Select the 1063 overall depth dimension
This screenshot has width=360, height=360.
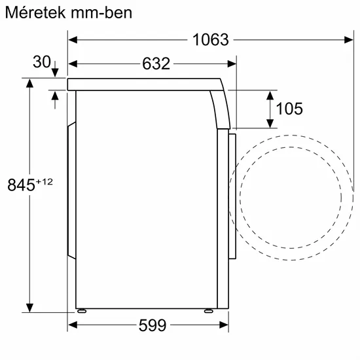click(x=211, y=40)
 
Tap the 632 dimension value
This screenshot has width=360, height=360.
click(x=155, y=63)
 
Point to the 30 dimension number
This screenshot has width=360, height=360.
click(x=41, y=62)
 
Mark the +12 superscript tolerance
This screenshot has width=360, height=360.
click(x=43, y=181)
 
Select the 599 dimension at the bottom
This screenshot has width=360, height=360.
click(x=152, y=325)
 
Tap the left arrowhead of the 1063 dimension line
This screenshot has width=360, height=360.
click(x=73, y=40)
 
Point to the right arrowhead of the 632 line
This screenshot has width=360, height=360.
click(x=232, y=63)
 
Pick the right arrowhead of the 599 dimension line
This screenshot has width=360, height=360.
click(x=223, y=325)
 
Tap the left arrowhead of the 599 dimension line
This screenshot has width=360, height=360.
click(x=73, y=325)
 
